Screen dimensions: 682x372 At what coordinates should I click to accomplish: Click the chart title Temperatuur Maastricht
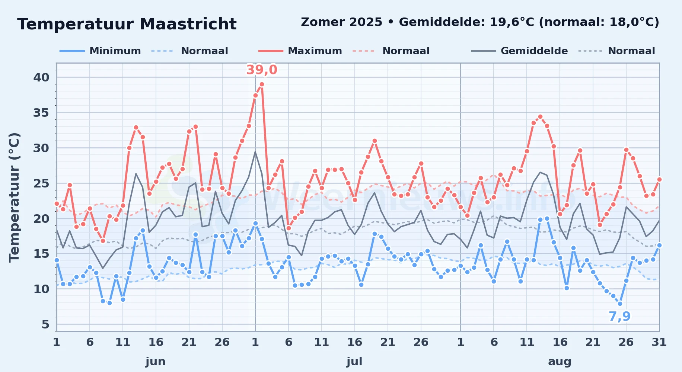pos(127,24)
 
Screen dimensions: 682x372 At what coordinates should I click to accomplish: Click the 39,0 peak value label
pos(262,70)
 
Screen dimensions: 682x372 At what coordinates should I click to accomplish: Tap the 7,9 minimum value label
pos(619,316)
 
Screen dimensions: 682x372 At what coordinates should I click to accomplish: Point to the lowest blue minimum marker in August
pos(620,304)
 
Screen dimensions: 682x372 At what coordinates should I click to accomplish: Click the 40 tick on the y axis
pos(41,77)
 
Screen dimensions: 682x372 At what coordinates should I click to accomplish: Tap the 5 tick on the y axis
pos(45,324)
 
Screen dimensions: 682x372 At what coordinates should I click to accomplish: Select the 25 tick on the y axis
pos(41,183)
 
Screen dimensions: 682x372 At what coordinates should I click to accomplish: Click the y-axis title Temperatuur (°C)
pos(15,197)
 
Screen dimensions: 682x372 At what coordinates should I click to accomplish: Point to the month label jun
pos(156,361)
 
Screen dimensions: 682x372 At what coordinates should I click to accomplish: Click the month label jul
pos(354,361)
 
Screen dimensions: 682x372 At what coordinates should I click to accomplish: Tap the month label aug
pos(560,362)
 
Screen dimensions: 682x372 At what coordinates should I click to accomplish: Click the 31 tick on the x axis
pos(659,342)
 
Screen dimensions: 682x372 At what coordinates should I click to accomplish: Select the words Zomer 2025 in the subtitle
pos(341,22)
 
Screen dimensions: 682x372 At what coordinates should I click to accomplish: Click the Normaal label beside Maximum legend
pos(406,51)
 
